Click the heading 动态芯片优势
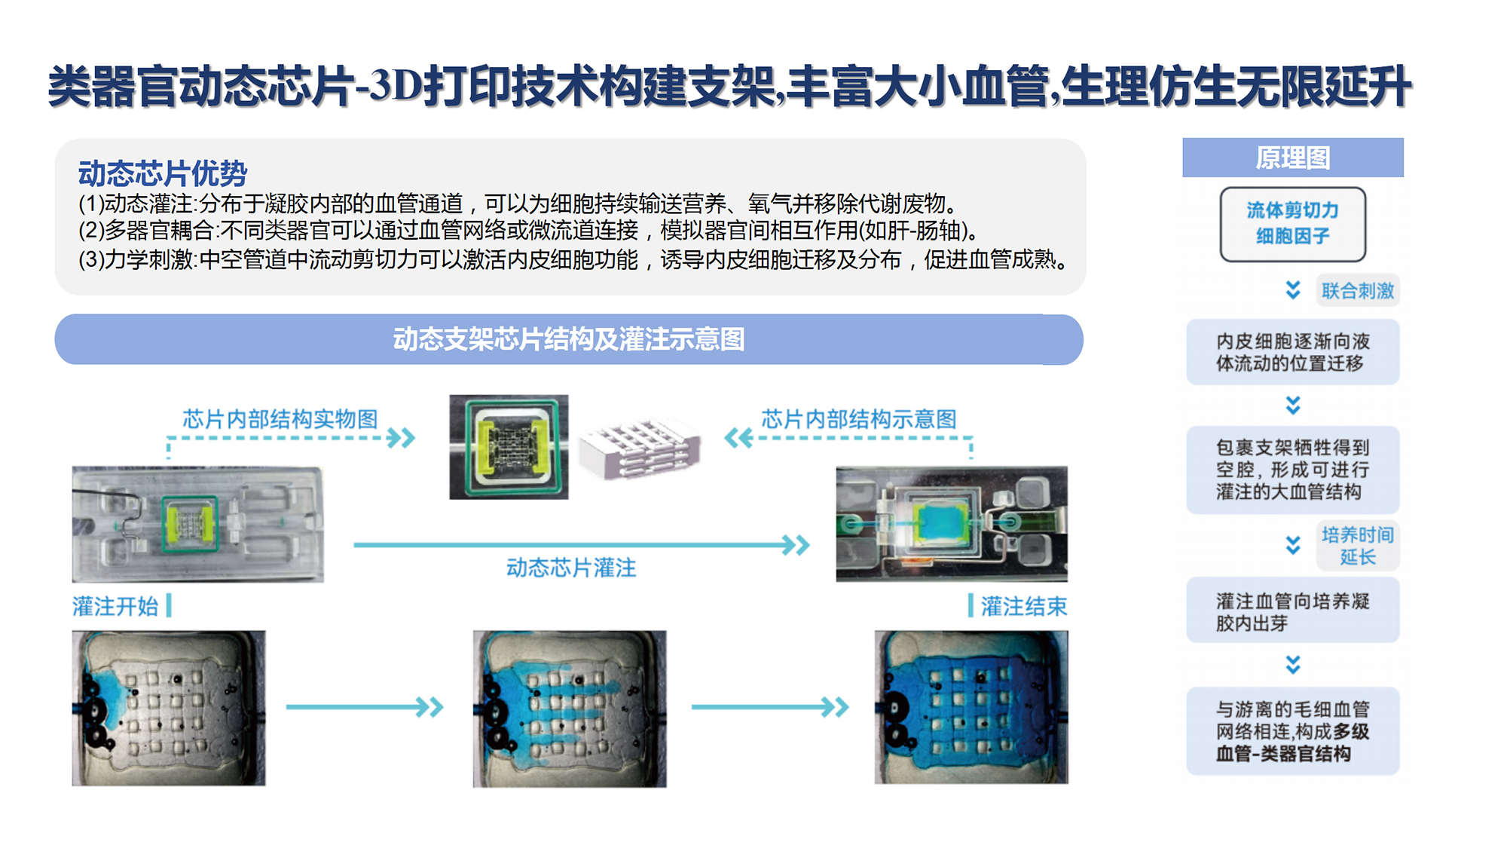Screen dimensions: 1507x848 pyautogui.click(x=163, y=173)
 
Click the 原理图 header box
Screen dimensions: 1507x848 pyautogui.click(x=1293, y=158)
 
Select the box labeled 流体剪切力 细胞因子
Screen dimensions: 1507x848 pyautogui.click(x=1293, y=224)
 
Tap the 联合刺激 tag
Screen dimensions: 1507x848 pyautogui.click(x=1358, y=290)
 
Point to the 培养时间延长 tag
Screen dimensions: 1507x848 pyautogui.click(x=1358, y=546)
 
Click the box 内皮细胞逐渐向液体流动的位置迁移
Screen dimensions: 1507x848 pyautogui.click(x=1293, y=352)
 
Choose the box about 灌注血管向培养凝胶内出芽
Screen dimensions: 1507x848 pyautogui.click(x=1293, y=611)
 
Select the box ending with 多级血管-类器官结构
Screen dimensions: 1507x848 pyautogui.click(x=1293, y=731)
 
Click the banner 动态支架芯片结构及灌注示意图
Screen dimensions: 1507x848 pyautogui.click(x=569, y=339)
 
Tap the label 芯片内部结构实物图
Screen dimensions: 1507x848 pyautogui.click(x=280, y=419)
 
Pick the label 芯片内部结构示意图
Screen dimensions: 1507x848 pyautogui.click(x=859, y=419)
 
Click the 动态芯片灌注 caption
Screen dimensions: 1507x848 pyautogui.click(x=571, y=568)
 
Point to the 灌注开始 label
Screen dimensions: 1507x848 pyautogui.click(x=115, y=606)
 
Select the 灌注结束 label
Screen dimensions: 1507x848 pyautogui.click(x=1024, y=606)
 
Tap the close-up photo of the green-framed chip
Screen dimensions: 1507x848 pyautogui.click(x=509, y=447)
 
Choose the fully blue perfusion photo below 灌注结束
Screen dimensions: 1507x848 pyautogui.click(x=971, y=708)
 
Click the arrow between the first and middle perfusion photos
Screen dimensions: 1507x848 pyautogui.click(x=365, y=707)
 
